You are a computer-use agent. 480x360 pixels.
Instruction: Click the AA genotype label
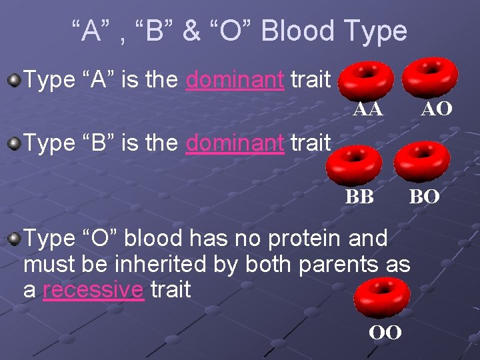click(x=368, y=109)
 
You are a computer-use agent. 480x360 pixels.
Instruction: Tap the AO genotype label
click(x=437, y=109)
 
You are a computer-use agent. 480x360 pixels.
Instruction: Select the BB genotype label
click(x=359, y=197)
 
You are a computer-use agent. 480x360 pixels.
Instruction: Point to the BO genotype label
click(x=424, y=197)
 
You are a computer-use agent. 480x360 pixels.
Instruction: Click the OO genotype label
click(x=385, y=332)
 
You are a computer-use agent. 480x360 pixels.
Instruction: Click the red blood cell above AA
click(x=365, y=79)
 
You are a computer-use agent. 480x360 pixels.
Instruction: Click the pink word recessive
click(x=93, y=291)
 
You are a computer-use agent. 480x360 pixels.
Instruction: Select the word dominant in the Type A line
click(x=235, y=80)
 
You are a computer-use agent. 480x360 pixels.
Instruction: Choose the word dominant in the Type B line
click(x=235, y=142)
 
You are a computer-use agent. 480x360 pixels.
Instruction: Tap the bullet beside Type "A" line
click(x=13, y=81)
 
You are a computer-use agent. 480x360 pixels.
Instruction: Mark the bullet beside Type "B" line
click(x=13, y=142)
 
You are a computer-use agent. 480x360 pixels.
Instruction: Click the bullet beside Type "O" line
click(x=13, y=239)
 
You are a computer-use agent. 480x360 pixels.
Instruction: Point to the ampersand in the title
click(x=191, y=31)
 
